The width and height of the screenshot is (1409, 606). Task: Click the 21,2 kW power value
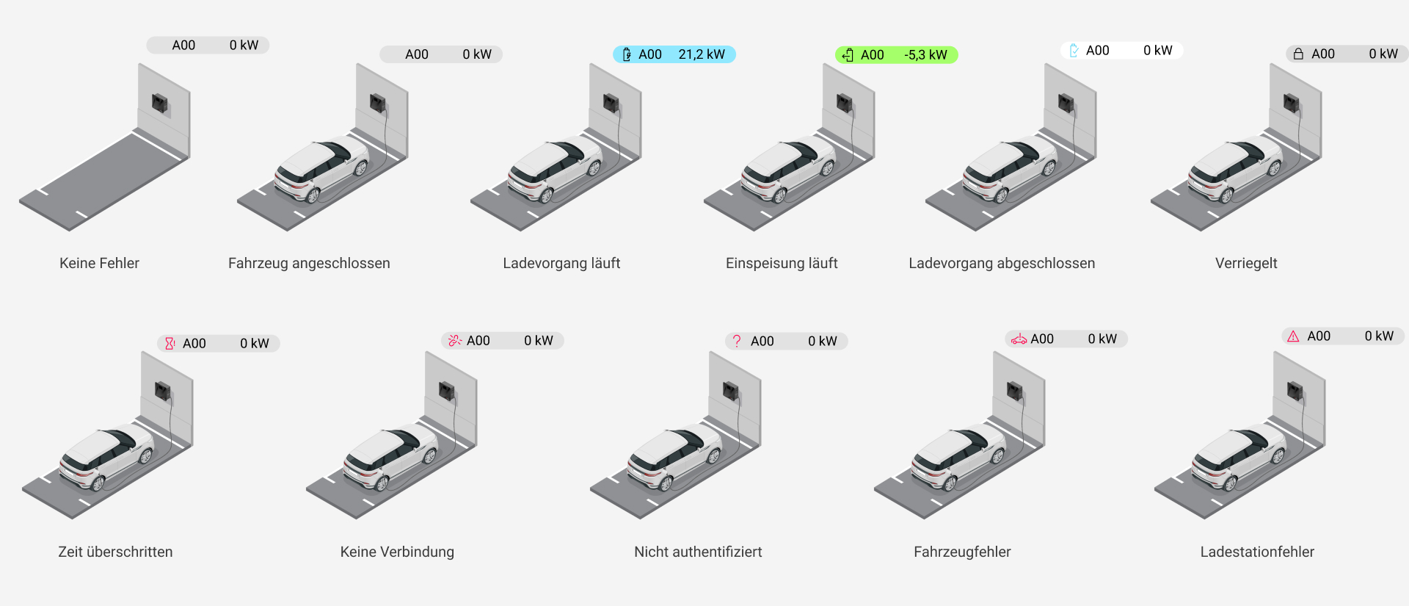pos(701,54)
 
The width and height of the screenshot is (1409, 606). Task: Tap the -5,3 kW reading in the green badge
pos(925,55)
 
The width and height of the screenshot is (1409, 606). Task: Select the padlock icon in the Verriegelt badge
pos(1298,54)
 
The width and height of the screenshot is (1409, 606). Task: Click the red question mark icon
pos(737,341)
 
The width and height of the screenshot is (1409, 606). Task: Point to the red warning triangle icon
pos(1293,336)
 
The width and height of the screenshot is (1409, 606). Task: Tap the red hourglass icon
pos(170,343)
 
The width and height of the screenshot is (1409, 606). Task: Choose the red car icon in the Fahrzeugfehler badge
pos(1019,339)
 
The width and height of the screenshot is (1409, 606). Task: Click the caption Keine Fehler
pos(99,263)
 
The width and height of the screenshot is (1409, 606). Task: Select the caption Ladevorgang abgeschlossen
pos(1002,263)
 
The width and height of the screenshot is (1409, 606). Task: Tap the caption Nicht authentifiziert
pos(698,552)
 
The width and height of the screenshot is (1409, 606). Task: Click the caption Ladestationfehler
pos(1257,552)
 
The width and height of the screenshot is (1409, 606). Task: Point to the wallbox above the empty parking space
pos(160,103)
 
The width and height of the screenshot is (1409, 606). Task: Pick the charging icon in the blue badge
pos(627,54)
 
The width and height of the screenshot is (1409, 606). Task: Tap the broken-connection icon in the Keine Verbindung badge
pos(454,340)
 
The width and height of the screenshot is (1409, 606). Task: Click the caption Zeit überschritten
pos(115,552)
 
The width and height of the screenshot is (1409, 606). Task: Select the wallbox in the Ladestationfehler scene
pos(1295,391)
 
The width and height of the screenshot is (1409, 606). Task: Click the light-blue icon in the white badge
pos(1074,51)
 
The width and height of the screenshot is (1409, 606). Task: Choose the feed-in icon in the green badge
pos(848,55)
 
